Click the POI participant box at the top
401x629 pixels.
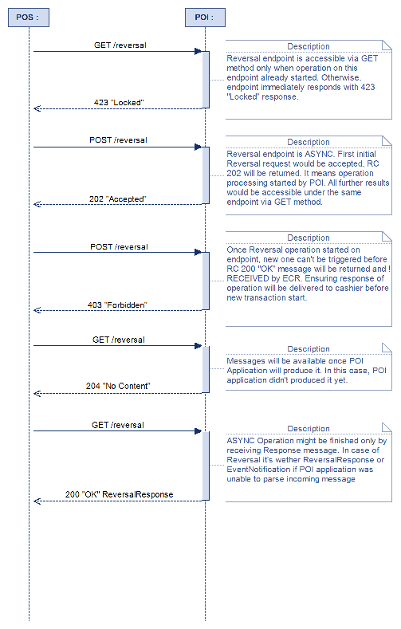(x=204, y=17)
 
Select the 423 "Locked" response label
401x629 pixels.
(x=119, y=102)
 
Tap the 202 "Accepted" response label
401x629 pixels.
(x=119, y=198)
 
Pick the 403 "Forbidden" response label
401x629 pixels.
(x=119, y=305)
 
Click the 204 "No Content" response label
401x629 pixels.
(x=119, y=386)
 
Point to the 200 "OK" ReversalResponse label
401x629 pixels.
(x=119, y=494)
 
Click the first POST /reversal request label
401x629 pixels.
(x=118, y=140)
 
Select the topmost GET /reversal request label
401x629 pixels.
(x=120, y=45)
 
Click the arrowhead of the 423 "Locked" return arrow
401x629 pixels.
(x=37, y=108)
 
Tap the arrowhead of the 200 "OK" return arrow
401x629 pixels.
(x=37, y=501)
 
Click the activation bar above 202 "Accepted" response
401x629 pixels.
(x=206, y=175)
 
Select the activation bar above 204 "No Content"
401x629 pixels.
(x=206, y=369)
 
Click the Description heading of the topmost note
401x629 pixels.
(x=308, y=46)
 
